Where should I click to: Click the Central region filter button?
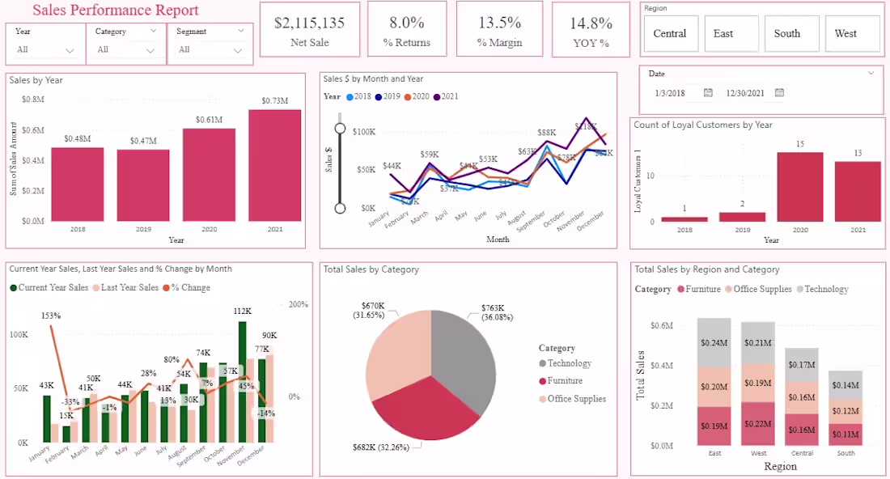coord(669,33)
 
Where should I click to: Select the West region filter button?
coord(845,33)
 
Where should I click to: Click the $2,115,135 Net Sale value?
coord(309,23)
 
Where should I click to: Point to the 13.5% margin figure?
coord(499,23)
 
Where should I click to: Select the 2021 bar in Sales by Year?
coord(274,165)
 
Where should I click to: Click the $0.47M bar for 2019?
coord(143,185)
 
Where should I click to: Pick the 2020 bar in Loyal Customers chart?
coord(799,187)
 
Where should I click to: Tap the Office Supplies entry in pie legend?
coord(577,399)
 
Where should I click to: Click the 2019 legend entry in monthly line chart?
coord(392,96)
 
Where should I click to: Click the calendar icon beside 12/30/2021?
coord(779,93)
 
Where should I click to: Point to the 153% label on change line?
coord(51,316)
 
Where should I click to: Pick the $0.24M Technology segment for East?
coord(714,342)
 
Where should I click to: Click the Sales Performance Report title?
coord(116,11)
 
